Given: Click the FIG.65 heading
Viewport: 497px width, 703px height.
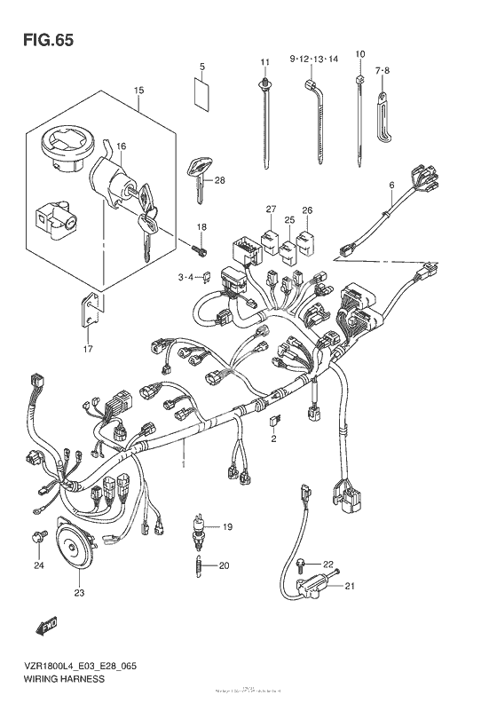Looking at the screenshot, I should click(43, 40).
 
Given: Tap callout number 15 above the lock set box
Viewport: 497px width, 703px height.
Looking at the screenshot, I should click(138, 91).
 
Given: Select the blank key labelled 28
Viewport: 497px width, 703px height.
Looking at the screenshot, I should click(200, 176).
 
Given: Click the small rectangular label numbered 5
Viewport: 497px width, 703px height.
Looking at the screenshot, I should click(201, 88).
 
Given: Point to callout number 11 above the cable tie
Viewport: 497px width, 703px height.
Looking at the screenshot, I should click(264, 60).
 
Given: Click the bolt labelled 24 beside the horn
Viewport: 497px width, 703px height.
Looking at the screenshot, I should click(38, 536).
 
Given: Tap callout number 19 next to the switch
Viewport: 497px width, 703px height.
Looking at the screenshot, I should click(227, 527).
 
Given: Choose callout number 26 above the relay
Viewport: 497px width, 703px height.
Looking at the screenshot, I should click(308, 210).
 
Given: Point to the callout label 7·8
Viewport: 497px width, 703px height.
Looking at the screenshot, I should click(383, 69).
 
